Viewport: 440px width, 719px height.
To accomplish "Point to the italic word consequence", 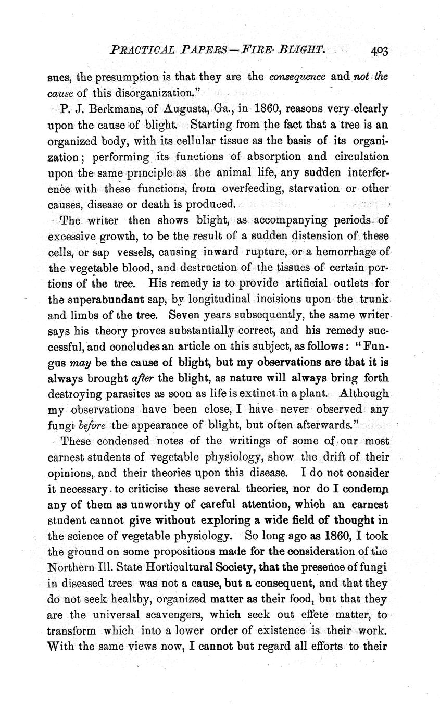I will pyautogui.click(x=297, y=77).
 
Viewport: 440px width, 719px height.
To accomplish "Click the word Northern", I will pyautogui.click(x=72, y=552).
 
